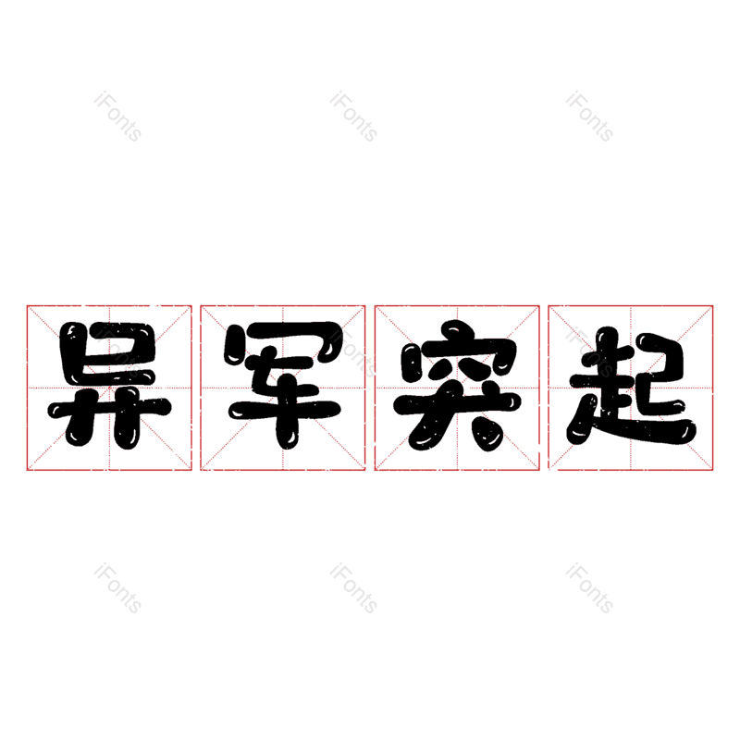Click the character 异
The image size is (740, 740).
109,385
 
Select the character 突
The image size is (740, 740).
457,385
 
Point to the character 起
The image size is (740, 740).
631,385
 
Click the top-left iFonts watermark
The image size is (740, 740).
117,117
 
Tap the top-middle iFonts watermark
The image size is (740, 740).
353,117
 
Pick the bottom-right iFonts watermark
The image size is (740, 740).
589,588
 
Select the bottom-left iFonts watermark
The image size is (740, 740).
117,588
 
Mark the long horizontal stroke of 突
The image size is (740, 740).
457,404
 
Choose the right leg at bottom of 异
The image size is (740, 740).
127,426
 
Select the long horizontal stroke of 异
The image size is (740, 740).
109,408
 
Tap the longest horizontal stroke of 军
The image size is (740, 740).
285,409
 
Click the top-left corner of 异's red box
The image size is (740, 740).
27,305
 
